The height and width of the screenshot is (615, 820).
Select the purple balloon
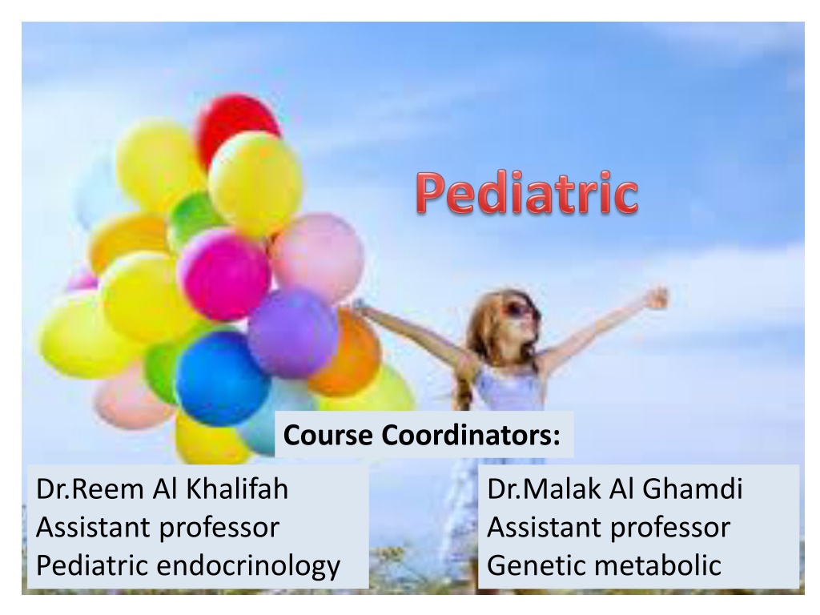tap(292, 333)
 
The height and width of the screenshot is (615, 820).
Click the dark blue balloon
tap(222, 377)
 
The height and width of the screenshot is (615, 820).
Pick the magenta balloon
tap(224, 274)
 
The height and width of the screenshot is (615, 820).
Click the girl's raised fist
tap(657, 298)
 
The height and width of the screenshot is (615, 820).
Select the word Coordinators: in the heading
tap(471, 435)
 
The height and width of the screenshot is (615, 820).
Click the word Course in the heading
tap(328, 435)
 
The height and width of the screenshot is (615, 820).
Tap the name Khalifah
tap(237, 489)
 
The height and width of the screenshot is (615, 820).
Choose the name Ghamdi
tap(692, 489)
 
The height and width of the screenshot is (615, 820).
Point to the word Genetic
tap(536, 565)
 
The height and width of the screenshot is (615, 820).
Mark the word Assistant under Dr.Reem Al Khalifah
tap(93, 527)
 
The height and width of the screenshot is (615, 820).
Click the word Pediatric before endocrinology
tap(91, 565)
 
